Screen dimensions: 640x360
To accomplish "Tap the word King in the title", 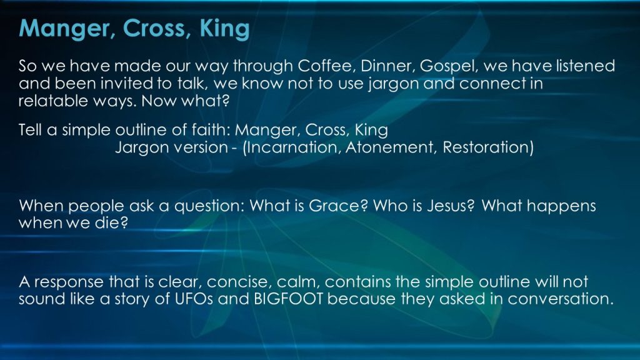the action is coord(224,29).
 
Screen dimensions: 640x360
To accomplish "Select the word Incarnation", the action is coord(294,147).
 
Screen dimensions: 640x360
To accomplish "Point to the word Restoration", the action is coord(486,147).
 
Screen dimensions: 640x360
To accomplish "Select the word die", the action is coord(111,223).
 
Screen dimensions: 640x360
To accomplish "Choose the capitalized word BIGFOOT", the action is coord(288,299).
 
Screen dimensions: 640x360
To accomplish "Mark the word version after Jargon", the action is coord(200,147).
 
